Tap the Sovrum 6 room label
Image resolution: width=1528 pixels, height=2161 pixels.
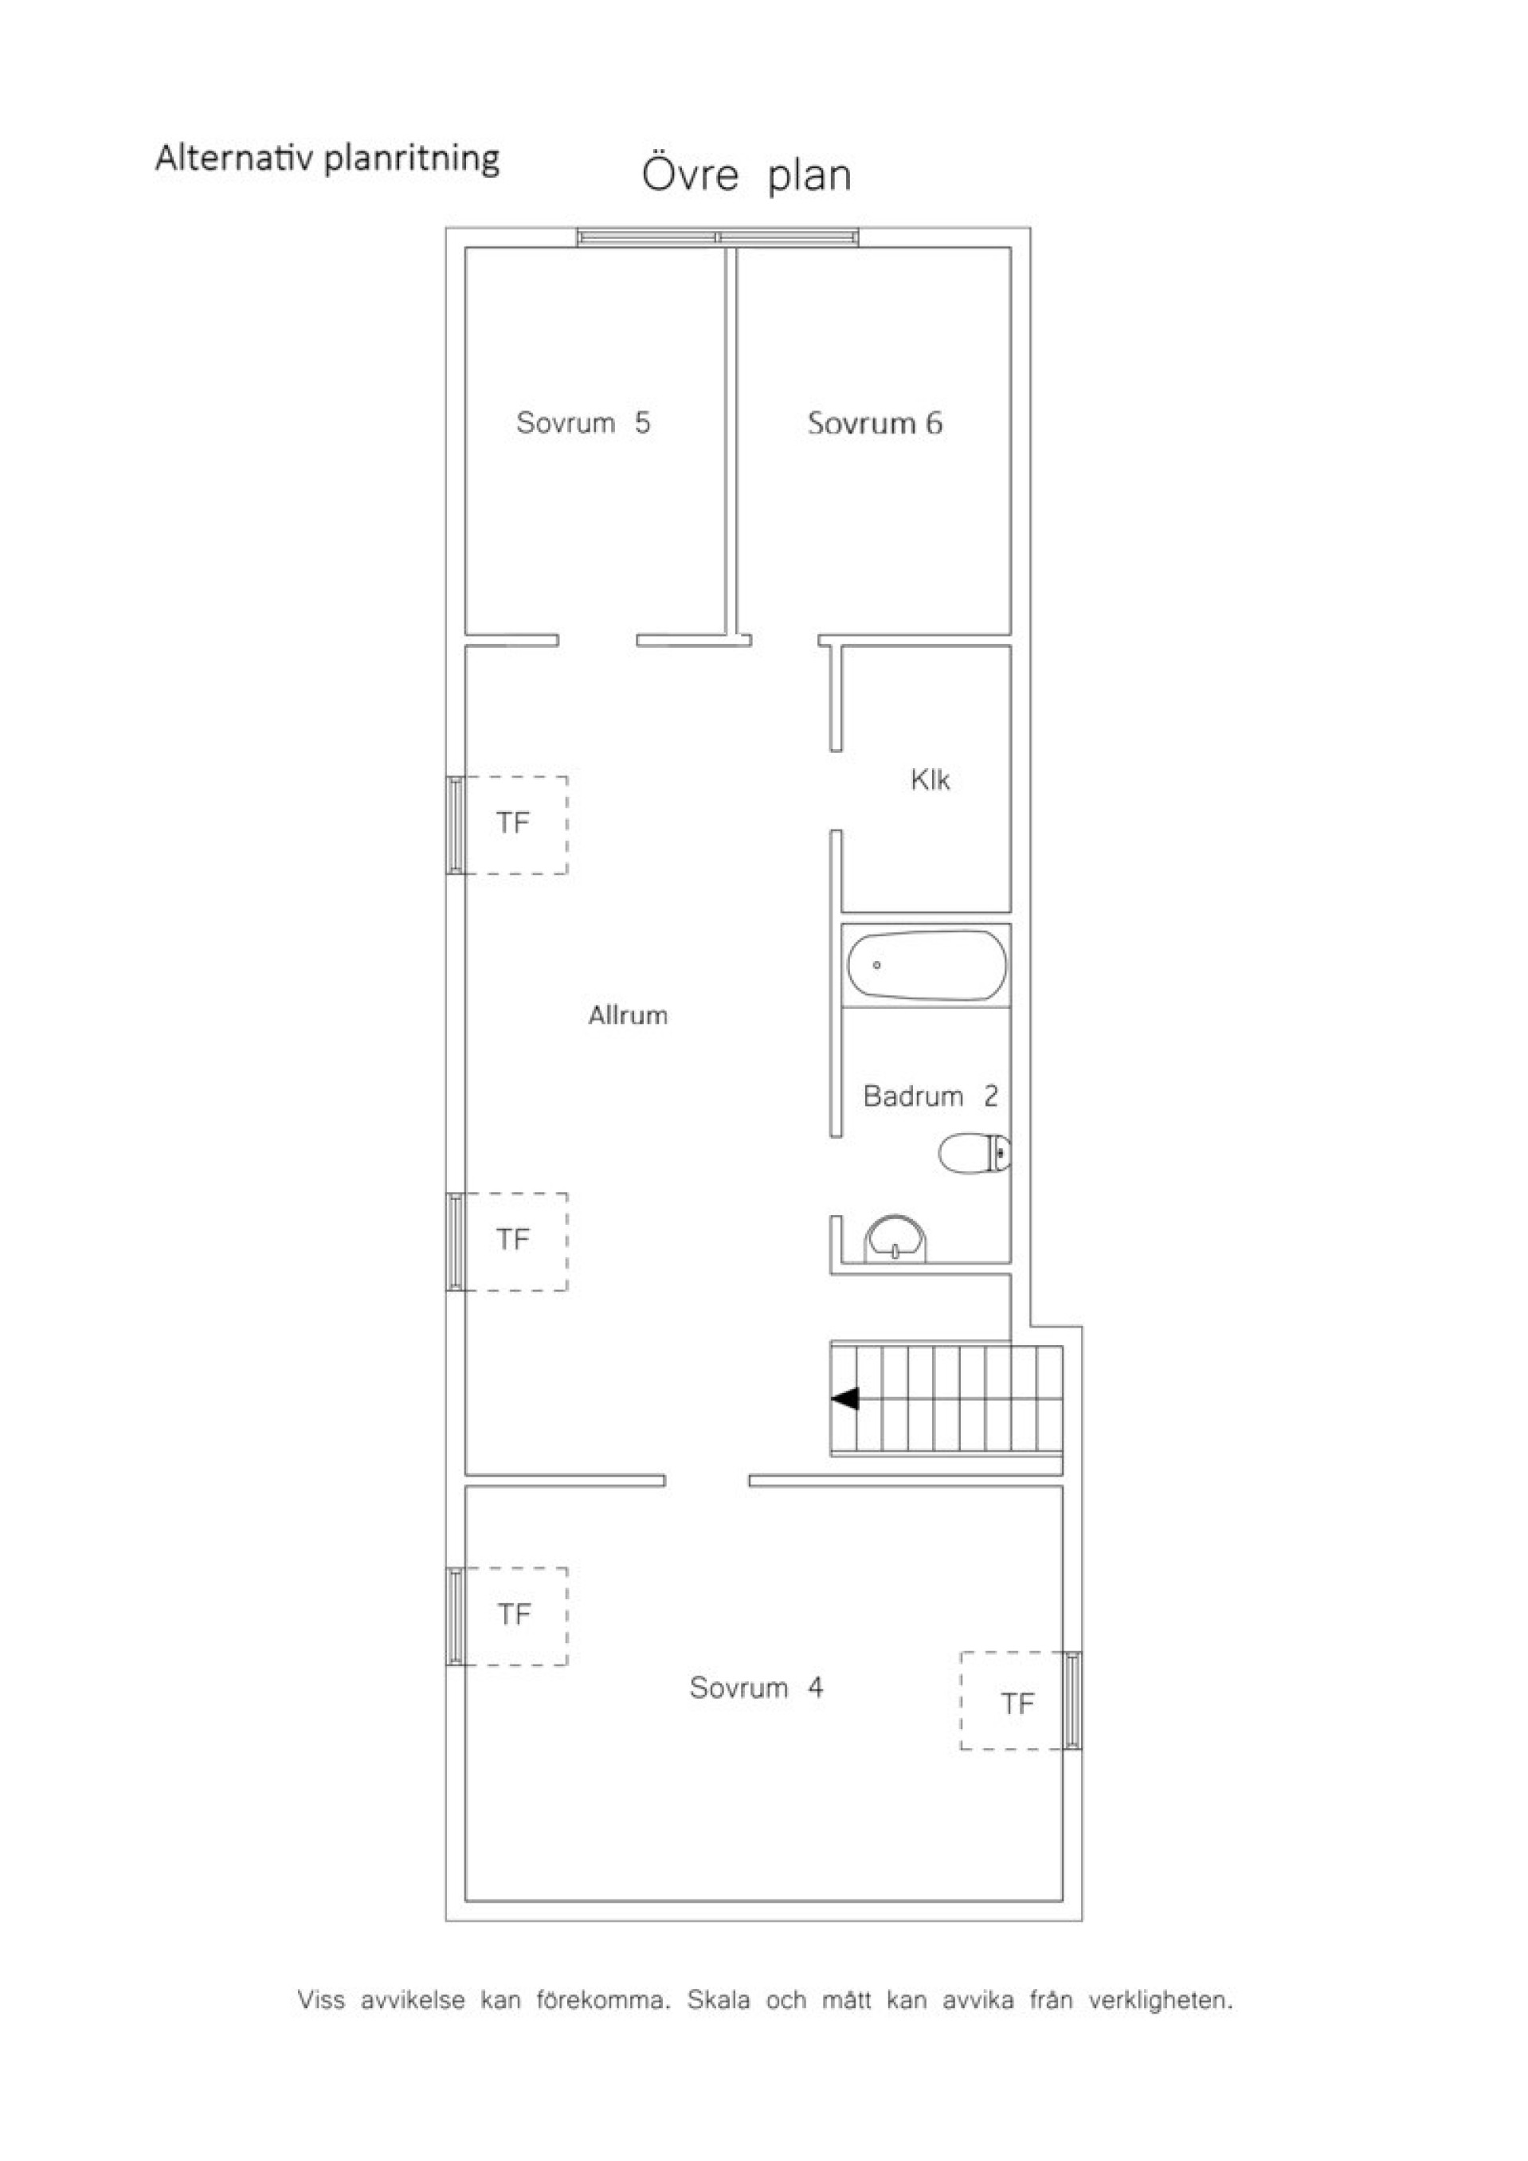875,424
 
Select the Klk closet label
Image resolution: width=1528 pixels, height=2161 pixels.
931,779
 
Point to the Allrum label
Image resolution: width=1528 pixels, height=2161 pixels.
629,1014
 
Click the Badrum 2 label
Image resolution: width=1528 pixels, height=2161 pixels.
931,1096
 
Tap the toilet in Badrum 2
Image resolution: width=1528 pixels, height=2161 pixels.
975,1153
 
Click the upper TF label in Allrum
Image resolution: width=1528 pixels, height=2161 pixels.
514,824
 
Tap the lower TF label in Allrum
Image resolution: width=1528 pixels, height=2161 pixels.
514,1240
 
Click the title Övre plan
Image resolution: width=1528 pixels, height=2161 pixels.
747,176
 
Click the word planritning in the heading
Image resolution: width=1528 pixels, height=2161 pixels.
411,159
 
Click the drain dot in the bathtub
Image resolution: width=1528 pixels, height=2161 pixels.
877,965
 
